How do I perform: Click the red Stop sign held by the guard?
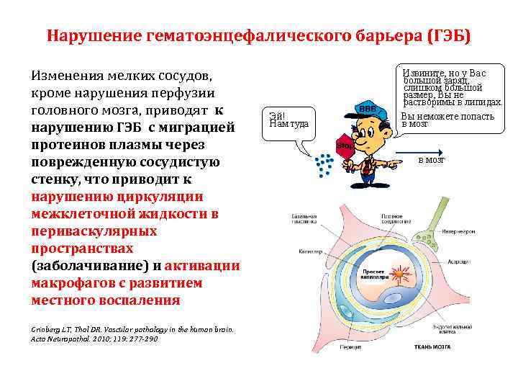click(345, 147)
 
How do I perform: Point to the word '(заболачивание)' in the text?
click(88, 265)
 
